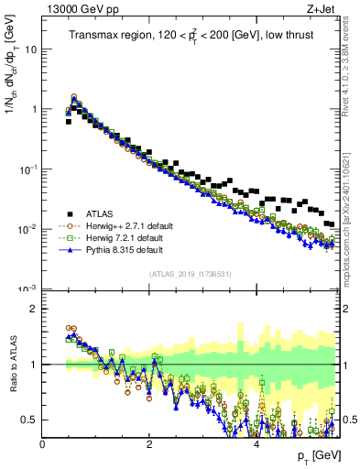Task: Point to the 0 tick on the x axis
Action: coord(43,443)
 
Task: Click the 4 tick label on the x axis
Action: coord(256,443)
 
